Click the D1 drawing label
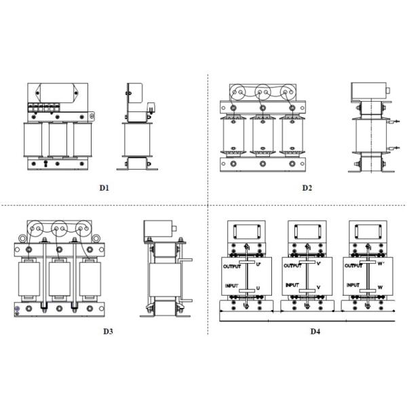pyautogui.click(x=104, y=188)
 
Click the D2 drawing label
pyautogui.click(x=307, y=188)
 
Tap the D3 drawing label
pyautogui.click(x=109, y=332)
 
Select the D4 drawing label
pyautogui.click(x=315, y=332)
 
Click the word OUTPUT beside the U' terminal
pyautogui.click(x=232, y=267)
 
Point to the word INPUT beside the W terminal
pyautogui.click(x=353, y=285)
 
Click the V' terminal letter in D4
pyautogui.click(x=319, y=264)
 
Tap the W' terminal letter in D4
pyautogui.click(x=381, y=264)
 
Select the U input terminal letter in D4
pyautogui.click(x=258, y=288)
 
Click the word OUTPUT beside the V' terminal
pyautogui.click(x=293, y=266)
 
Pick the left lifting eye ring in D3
pyautogui.click(x=22, y=238)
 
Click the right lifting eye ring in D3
pyautogui.click(x=96, y=238)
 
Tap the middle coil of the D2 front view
pyautogui.click(x=263, y=136)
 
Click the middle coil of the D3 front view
pyautogui.click(x=60, y=279)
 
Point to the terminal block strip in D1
pyautogui.click(x=44, y=107)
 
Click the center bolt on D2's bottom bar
pyautogui.click(x=263, y=163)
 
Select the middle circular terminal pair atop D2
pyautogui.click(x=263, y=92)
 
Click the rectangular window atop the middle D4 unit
pyautogui.click(x=307, y=231)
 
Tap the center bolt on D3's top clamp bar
pyautogui.click(x=60, y=250)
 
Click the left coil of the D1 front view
pyautogui.click(x=33, y=140)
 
